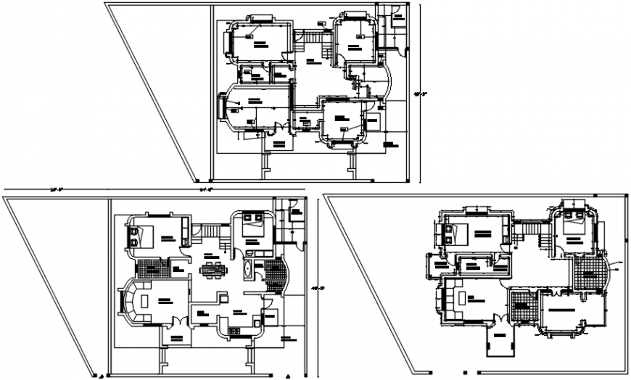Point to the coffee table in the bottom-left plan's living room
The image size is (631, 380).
[146, 300]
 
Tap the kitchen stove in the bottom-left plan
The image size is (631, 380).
[234, 331]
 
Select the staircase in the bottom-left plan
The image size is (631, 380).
[210, 231]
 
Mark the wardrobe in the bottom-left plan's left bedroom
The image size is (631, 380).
[185, 232]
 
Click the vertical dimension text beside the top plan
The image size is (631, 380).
[418, 93]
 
